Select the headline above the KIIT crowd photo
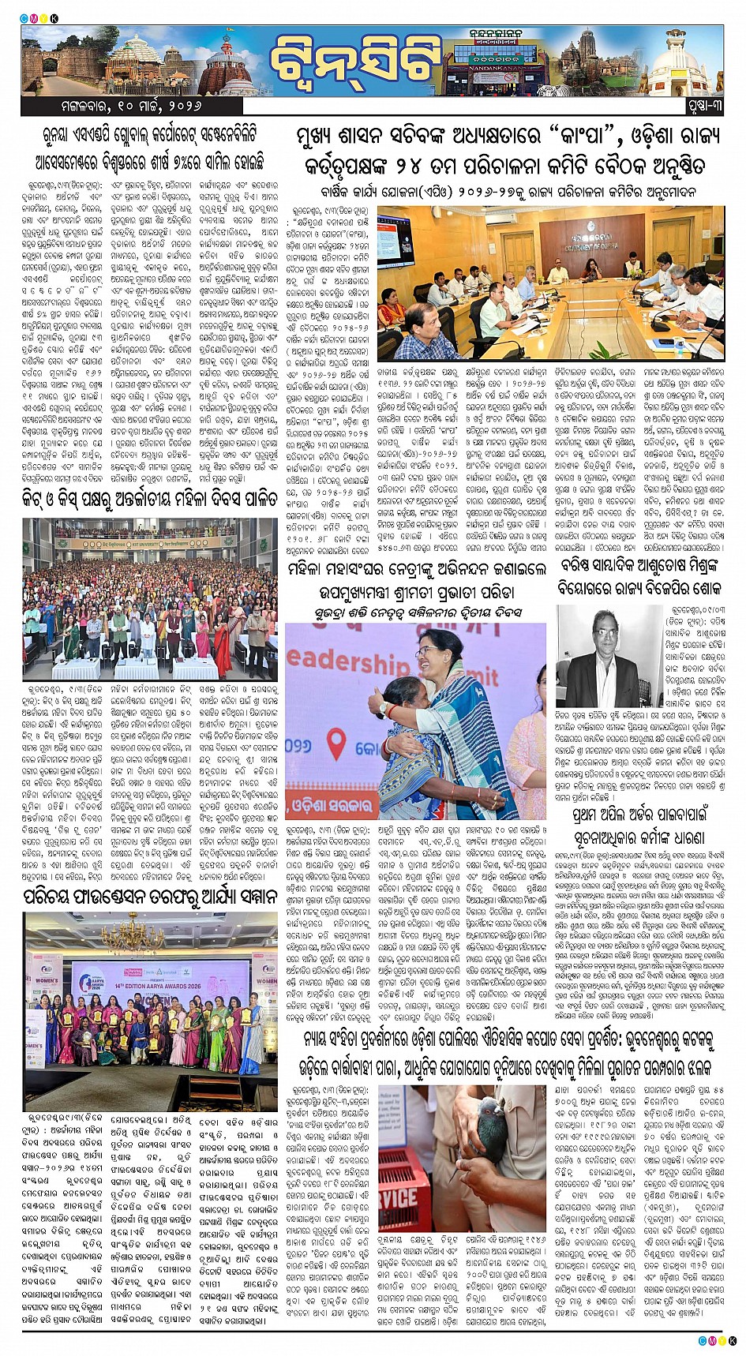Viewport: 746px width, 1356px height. click(150, 498)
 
